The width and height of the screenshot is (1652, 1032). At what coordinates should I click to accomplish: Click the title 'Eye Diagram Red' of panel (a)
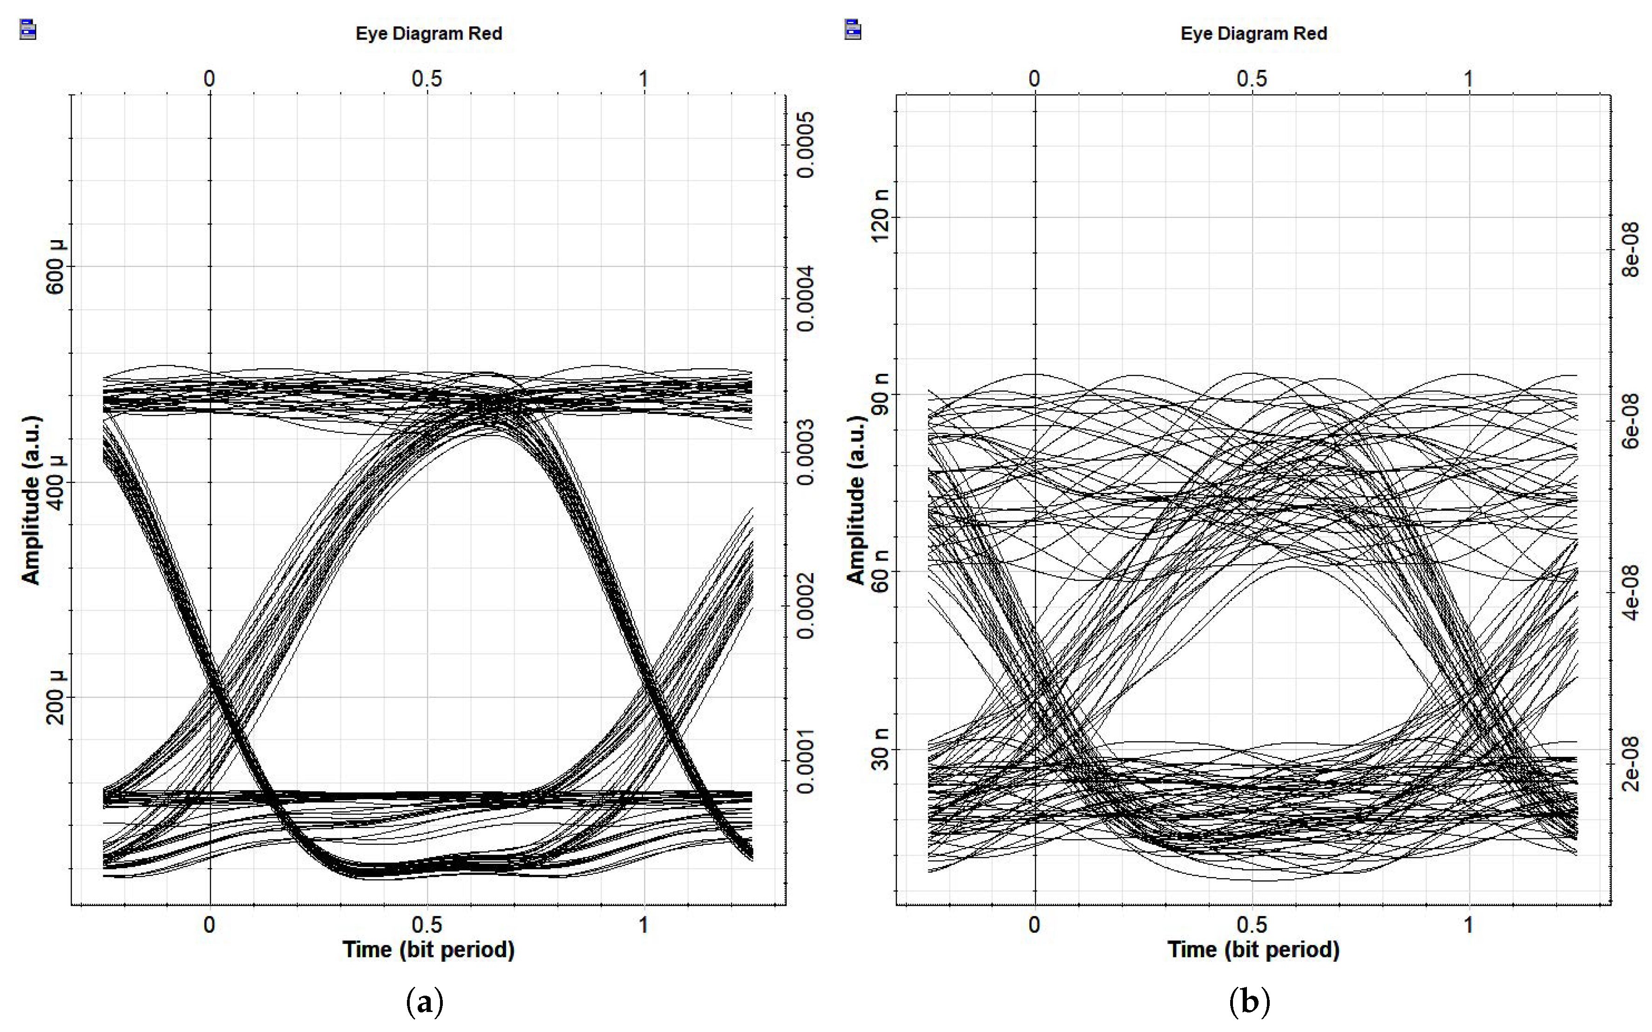point(429,34)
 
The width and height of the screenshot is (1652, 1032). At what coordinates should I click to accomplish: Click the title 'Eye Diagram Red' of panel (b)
point(1254,34)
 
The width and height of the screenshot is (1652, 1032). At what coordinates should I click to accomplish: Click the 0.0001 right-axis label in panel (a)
point(806,762)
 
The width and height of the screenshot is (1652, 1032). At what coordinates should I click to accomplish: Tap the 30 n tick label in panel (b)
point(880,749)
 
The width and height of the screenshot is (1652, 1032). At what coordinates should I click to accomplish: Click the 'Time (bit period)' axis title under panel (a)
point(429,950)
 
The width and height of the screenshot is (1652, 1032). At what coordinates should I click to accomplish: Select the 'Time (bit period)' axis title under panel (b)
point(1253,950)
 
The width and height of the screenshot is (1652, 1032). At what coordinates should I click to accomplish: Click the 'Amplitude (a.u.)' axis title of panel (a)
point(31,500)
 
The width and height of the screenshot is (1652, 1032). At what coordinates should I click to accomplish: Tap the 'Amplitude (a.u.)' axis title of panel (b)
point(856,500)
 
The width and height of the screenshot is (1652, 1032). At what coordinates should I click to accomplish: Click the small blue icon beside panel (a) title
point(28,30)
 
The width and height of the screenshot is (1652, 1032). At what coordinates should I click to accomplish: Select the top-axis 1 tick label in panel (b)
point(1469,79)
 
